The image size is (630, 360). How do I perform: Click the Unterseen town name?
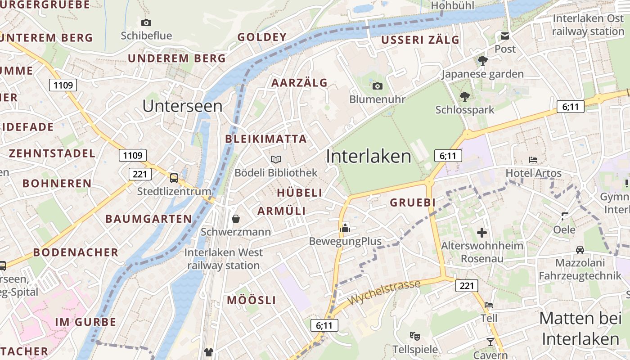click(182, 106)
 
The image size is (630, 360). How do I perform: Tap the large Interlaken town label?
click(368, 156)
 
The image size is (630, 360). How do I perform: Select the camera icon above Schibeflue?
click(146, 22)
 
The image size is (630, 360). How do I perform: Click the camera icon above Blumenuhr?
click(377, 86)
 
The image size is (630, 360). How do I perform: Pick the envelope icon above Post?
click(505, 36)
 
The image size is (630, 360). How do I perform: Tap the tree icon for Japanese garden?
click(482, 61)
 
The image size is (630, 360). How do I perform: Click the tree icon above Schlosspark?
click(464, 96)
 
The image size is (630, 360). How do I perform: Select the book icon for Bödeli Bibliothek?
click(275, 159)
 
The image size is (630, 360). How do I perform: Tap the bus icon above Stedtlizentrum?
click(174, 178)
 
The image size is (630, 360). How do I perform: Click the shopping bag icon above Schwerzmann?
click(235, 219)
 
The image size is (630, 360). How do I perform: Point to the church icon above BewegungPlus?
click(345, 228)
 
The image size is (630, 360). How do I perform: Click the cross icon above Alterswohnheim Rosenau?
click(482, 233)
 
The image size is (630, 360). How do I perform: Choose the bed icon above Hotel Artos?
click(533, 160)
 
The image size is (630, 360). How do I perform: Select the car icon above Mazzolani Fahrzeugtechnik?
click(580, 249)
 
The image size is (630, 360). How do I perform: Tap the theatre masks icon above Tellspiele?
click(415, 336)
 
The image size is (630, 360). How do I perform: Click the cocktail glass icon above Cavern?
click(490, 342)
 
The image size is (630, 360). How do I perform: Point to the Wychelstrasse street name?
click(384, 292)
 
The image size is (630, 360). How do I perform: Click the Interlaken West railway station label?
click(224, 259)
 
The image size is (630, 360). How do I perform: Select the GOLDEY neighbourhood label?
click(262, 37)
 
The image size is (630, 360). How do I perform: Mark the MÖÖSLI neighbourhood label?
click(251, 300)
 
